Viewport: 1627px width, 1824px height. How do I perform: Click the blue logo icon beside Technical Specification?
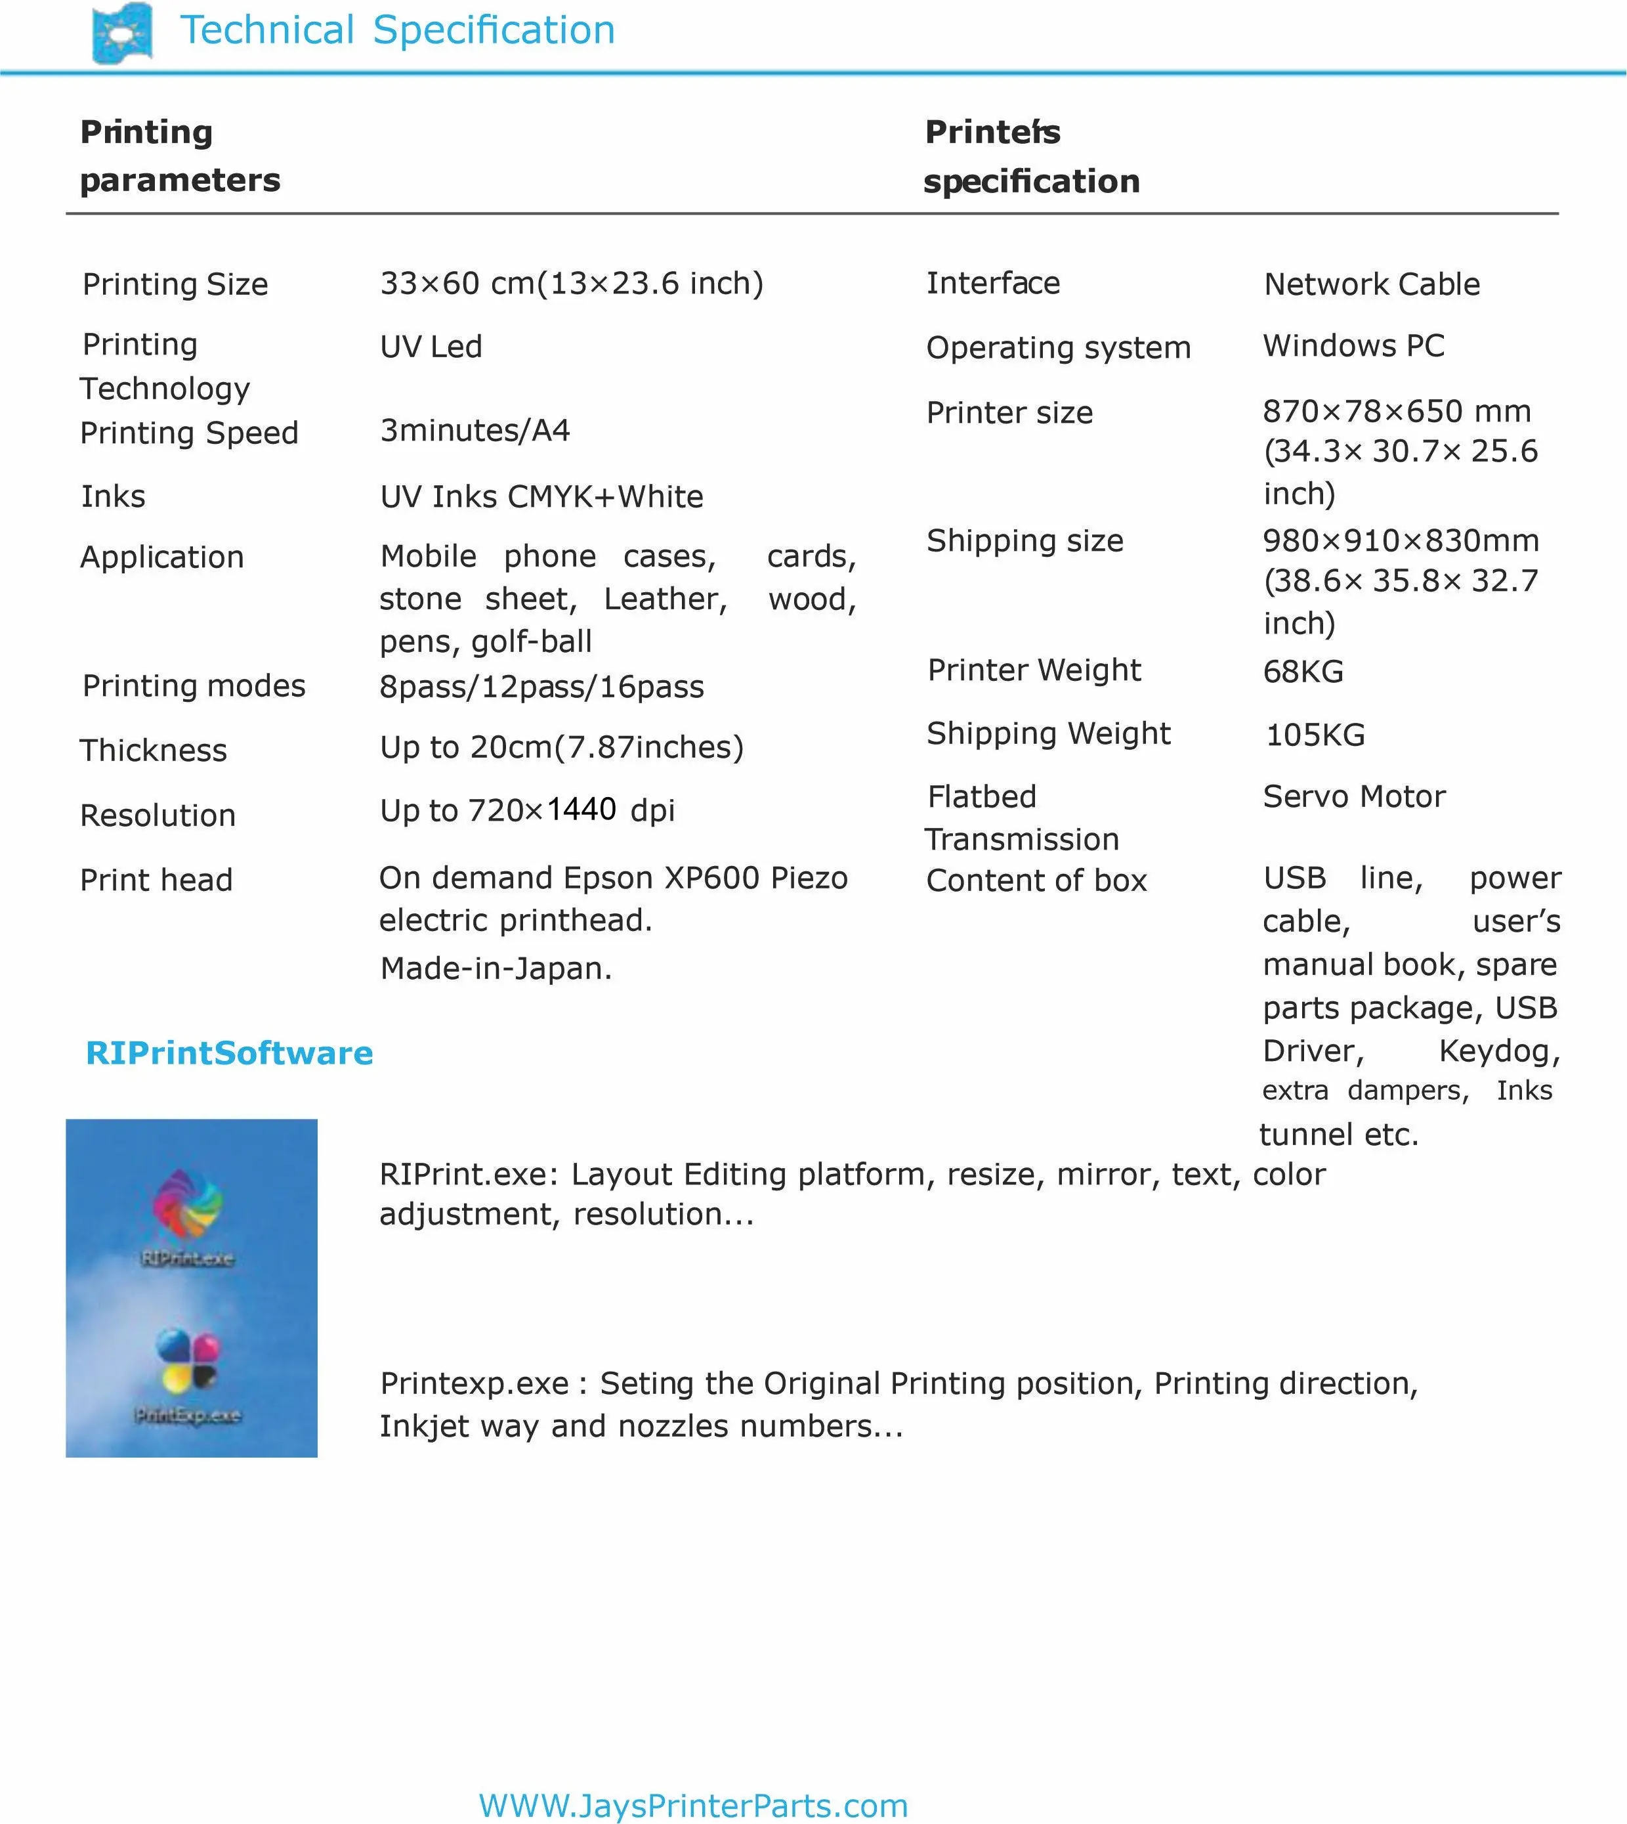(123, 33)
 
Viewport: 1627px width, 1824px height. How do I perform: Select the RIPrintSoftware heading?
(229, 1053)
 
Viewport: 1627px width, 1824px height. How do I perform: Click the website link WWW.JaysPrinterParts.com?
(693, 1805)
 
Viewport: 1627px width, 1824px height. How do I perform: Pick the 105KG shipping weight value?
(1315, 735)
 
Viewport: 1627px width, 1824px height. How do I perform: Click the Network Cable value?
(1371, 284)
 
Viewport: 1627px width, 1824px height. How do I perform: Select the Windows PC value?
(1353, 346)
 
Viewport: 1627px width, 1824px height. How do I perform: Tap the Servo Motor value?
(1353, 796)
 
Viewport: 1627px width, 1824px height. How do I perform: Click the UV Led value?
(431, 347)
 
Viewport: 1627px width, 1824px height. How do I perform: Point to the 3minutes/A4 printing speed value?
(475, 431)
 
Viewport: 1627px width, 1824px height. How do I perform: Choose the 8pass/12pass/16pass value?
(541, 687)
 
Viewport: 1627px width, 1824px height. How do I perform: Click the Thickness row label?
(153, 750)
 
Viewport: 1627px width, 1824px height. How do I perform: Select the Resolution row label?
(158, 815)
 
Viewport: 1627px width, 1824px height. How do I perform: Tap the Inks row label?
(113, 496)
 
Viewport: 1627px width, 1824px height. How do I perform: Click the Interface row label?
(992, 284)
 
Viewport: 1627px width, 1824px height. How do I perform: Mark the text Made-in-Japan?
(496, 968)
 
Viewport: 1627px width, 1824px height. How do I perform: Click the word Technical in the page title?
(267, 30)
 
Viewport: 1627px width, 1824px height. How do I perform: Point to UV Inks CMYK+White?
(541, 497)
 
